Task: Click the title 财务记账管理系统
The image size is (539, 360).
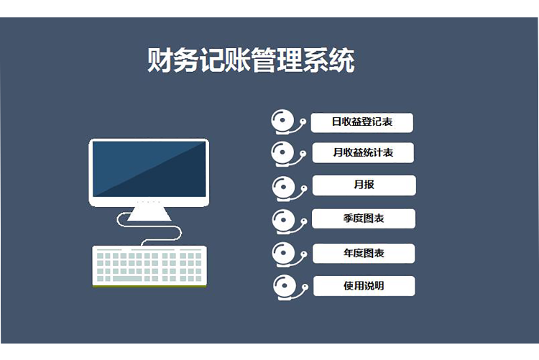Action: tap(250, 61)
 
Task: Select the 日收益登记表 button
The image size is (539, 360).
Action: tap(362, 122)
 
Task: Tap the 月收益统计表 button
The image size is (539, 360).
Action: tap(363, 153)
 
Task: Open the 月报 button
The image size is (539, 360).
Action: tap(364, 185)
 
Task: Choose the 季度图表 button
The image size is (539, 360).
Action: tap(364, 218)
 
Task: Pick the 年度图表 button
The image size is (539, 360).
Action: tap(364, 253)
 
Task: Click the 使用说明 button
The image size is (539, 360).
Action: tap(364, 286)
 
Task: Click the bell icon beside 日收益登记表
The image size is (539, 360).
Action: tap(285, 121)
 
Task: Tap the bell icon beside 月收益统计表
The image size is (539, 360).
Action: tap(285, 153)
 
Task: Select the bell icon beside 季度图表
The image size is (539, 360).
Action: tap(285, 219)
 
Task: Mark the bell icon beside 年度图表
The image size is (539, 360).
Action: tap(285, 253)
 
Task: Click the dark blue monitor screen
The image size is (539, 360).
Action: tap(149, 169)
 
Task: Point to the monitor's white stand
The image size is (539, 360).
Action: tap(149, 213)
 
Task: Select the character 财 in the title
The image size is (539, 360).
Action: tap(159, 61)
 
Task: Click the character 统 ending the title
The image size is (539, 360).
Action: tap(342, 61)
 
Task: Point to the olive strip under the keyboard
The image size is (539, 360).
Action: tap(149, 286)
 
